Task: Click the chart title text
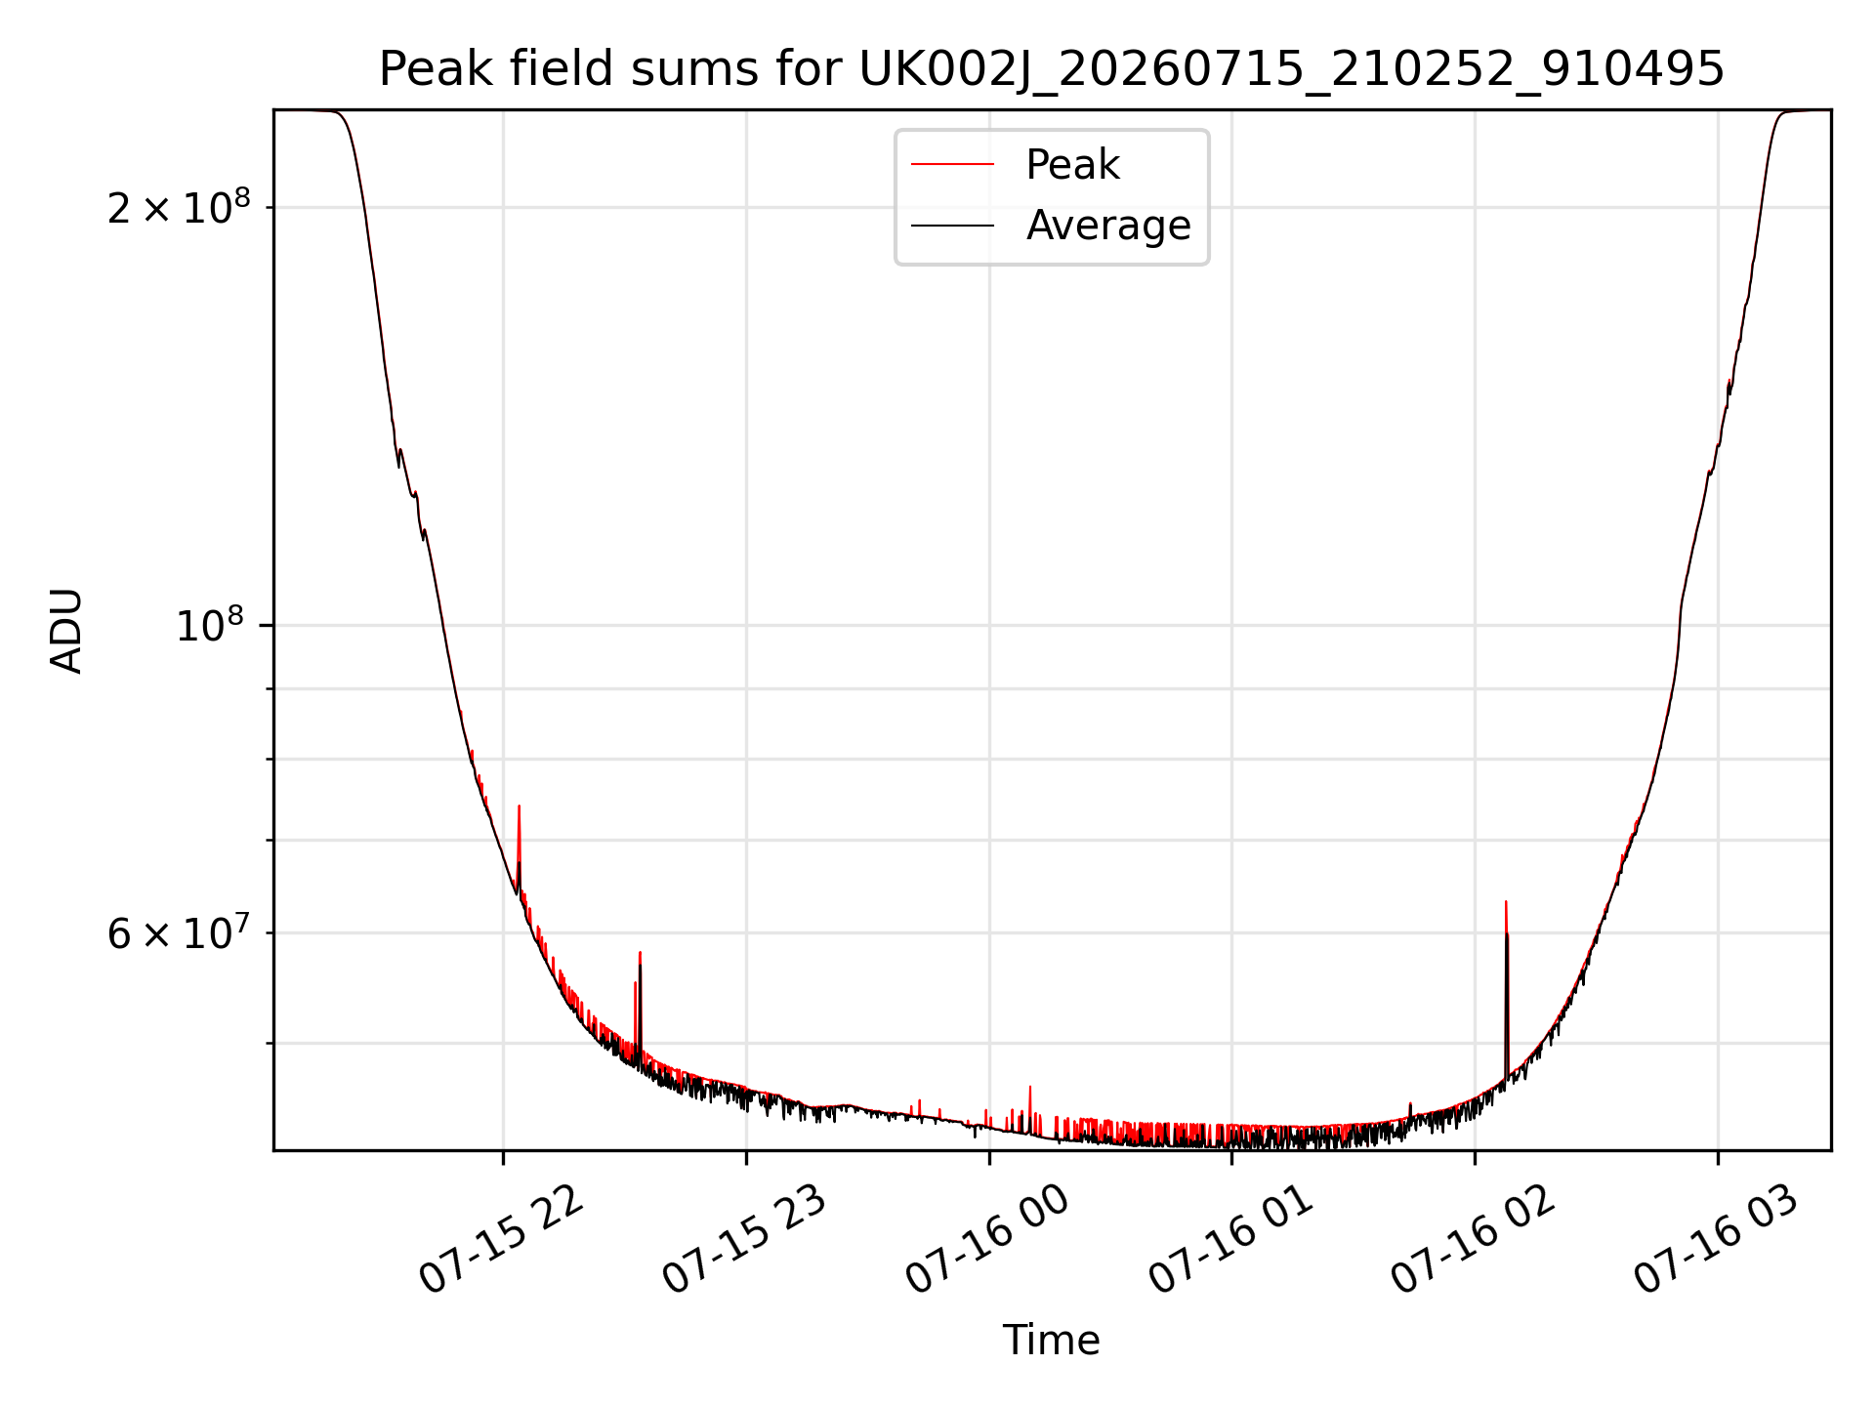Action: click(x=1052, y=69)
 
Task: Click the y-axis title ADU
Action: click(x=67, y=631)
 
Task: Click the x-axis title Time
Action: click(x=1052, y=1341)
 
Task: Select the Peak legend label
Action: click(x=1072, y=165)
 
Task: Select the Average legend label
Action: click(x=1108, y=226)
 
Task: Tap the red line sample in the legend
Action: click(x=952, y=165)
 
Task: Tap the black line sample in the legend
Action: click(x=952, y=226)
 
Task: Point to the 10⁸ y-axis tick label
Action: click(x=214, y=625)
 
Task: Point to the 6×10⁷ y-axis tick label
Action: click(x=179, y=932)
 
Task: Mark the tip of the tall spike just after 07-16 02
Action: click(x=1506, y=901)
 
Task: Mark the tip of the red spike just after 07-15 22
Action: click(x=519, y=806)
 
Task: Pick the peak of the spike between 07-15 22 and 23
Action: click(x=640, y=952)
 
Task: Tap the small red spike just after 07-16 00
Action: click(x=1029, y=1087)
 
